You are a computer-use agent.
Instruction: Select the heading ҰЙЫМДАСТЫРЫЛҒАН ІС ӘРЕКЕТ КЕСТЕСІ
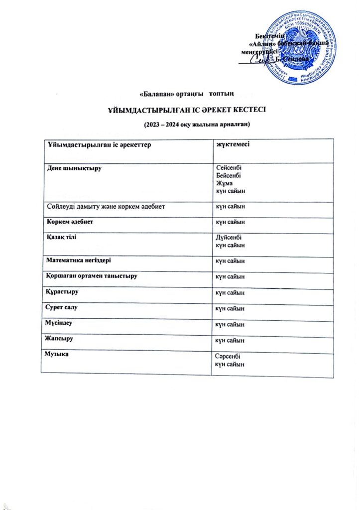(x=180, y=110)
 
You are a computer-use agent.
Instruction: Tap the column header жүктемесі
(x=232, y=145)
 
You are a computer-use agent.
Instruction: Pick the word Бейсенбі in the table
(x=229, y=176)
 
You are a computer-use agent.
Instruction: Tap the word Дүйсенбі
(x=229, y=239)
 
